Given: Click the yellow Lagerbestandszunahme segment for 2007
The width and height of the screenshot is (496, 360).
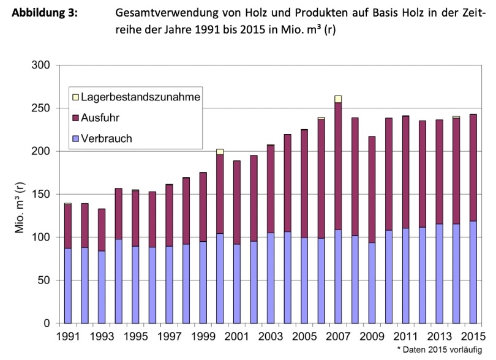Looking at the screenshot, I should pyautogui.click(x=337, y=99).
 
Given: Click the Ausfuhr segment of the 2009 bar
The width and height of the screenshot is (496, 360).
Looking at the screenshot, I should pyautogui.click(x=371, y=189).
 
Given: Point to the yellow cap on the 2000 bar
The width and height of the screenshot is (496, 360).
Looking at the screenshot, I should pyautogui.click(x=219, y=151).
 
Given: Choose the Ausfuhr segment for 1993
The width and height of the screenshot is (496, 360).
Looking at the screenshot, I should pyautogui.click(x=101, y=230).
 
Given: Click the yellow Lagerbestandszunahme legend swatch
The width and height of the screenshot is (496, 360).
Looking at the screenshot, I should pyautogui.click(x=75, y=96).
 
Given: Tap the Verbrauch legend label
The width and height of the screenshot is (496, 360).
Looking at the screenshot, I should pyautogui.click(x=107, y=138).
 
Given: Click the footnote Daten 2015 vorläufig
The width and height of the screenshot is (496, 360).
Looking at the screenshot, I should pyautogui.click(x=444, y=348).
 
